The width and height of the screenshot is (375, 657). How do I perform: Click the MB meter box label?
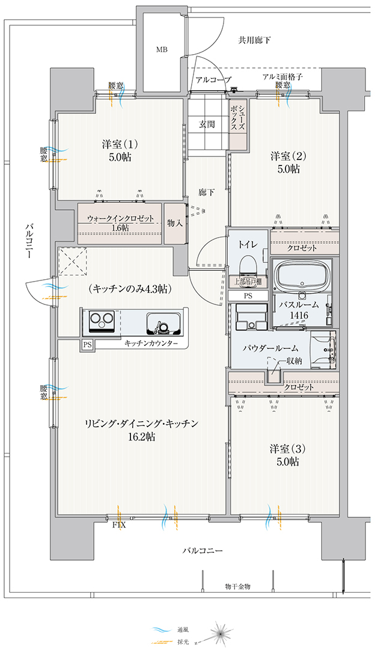[x=162, y=50]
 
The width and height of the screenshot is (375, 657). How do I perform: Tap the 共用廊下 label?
[x=254, y=40]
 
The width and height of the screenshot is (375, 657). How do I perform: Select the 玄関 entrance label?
[x=207, y=124]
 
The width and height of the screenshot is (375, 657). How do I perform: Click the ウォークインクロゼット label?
[x=120, y=219]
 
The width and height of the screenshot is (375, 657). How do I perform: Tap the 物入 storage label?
[x=174, y=223]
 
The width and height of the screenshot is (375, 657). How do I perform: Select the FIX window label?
[x=119, y=525]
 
